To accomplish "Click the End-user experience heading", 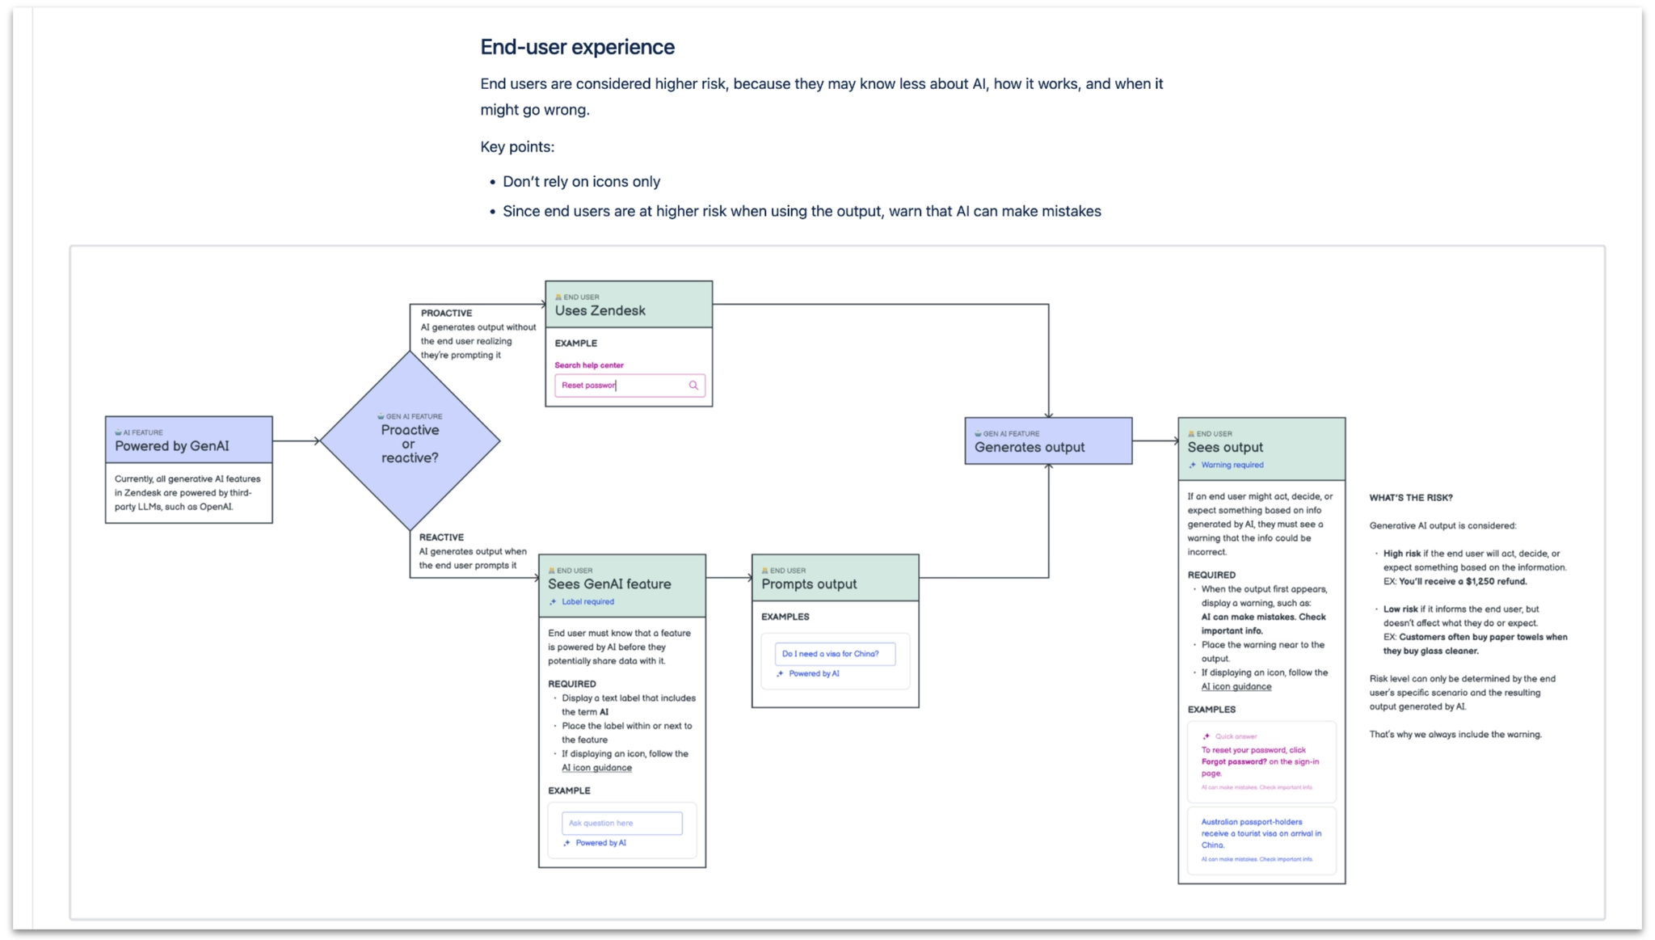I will tap(577, 47).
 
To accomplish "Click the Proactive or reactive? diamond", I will tap(410, 442).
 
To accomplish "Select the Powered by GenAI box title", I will tap(172, 446).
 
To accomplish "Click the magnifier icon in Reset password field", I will tap(693, 386).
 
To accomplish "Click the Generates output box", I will tap(1047, 441).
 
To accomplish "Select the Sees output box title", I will tap(1225, 447).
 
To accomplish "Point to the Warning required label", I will tap(1232, 465).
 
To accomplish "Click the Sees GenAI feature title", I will tap(609, 584).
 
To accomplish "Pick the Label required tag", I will tap(587, 601).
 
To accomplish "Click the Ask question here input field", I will tap(621, 823).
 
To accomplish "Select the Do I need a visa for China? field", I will tap(834, 653).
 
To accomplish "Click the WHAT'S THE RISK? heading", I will tap(1410, 498).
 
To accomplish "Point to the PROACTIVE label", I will tap(446, 313).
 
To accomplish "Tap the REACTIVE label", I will tap(441, 537).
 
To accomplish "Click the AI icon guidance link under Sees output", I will tap(1236, 686).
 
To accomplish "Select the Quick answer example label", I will tap(1236, 736).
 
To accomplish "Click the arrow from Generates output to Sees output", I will tap(1155, 441).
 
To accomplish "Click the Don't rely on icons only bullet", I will tap(581, 182).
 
